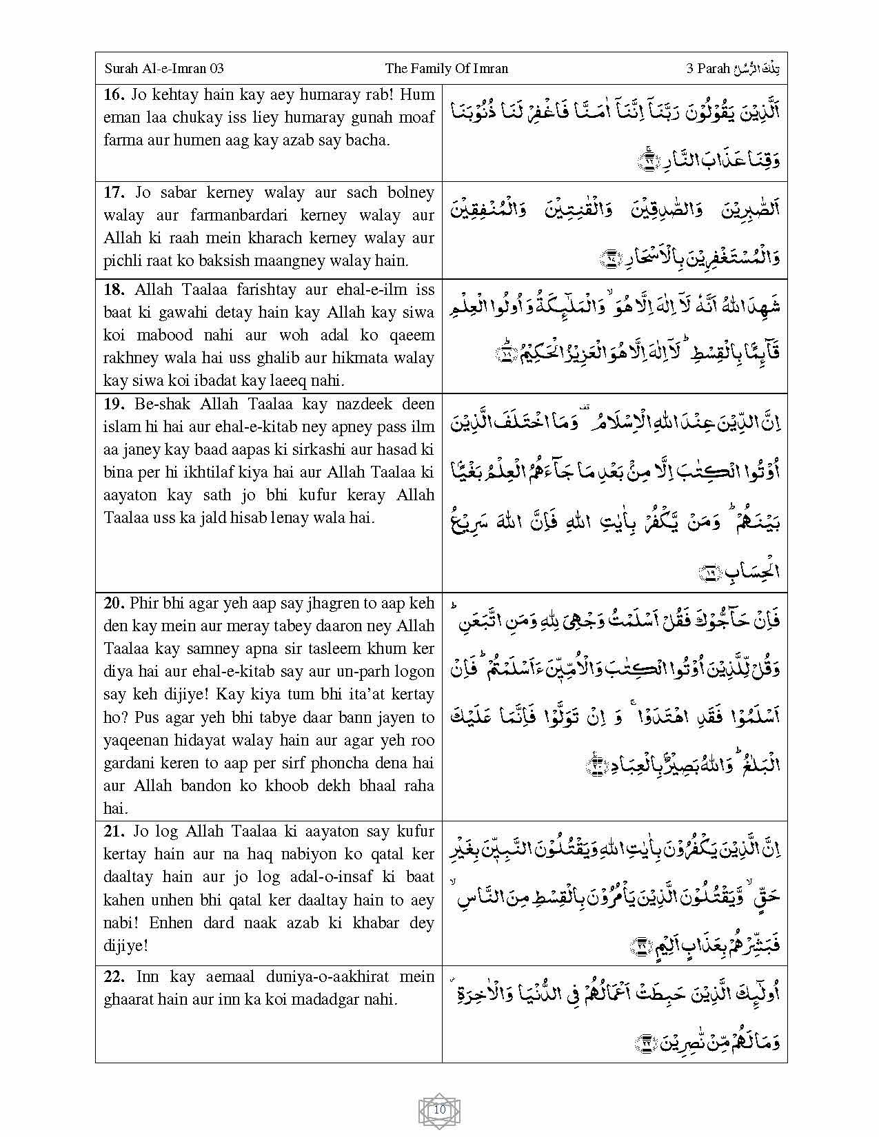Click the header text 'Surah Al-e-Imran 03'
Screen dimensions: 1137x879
(164, 68)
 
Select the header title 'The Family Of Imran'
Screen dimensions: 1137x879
(446, 68)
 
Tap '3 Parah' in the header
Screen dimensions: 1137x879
(708, 68)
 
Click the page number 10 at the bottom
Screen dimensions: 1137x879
(440, 1110)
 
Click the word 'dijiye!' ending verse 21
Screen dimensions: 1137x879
(125, 945)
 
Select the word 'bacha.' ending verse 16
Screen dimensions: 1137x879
(368, 141)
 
